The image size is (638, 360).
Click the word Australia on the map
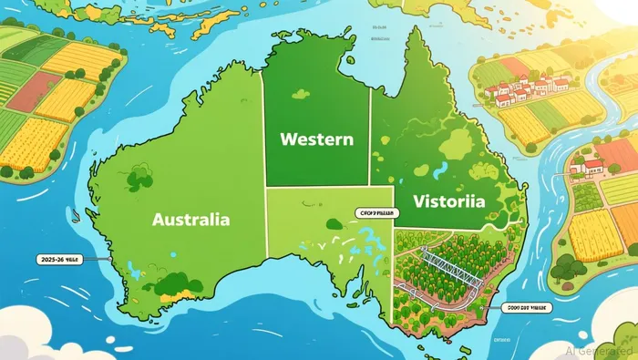pos(191,220)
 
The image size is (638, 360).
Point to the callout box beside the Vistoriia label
pos(374,211)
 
